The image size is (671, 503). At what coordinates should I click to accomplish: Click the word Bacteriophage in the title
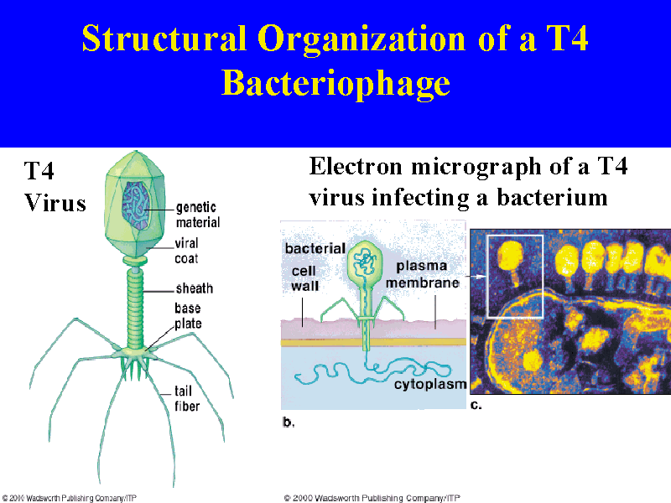click(x=336, y=83)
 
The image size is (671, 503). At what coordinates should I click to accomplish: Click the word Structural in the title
click(x=164, y=38)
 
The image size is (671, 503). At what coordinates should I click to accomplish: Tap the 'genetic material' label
click(x=198, y=215)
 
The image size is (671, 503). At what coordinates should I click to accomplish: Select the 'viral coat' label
click(x=186, y=251)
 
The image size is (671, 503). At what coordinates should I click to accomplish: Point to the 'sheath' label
click(x=195, y=288)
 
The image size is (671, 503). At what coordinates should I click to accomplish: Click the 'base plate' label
click(x=188, y=316)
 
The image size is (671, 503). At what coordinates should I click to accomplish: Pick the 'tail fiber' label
click(x=187, y=398)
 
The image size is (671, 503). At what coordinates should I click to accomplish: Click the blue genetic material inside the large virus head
click(x=136, y=205)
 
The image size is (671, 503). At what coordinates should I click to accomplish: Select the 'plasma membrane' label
click(x=423, y=274)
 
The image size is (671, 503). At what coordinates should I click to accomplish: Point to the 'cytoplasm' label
click(x=430, y=384)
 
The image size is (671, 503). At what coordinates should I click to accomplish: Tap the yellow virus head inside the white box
click(x=510, y=256)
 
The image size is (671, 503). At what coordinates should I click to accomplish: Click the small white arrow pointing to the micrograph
click(x=476, y=277)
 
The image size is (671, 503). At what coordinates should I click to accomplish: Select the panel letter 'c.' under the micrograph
click(x=476, y=405)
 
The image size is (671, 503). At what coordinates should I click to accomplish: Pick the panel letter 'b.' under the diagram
click(x=289, y=423)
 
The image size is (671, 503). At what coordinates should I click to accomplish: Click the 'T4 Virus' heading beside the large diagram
click(x=55, y=186)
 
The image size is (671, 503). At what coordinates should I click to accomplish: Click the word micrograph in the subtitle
click(x=476, y=167)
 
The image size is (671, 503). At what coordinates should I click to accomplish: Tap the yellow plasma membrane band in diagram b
click(x=373, y=342)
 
